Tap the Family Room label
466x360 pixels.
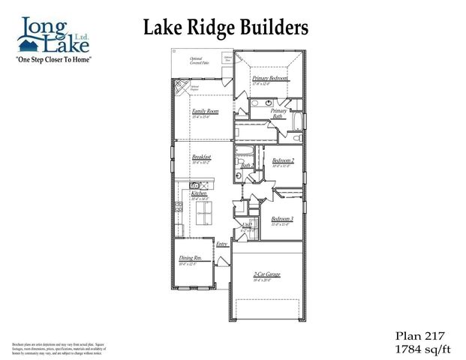pos(204,111)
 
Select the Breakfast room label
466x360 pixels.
pos(200,157)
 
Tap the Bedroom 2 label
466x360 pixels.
pos(283,160)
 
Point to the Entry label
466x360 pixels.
pos(221,244)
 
